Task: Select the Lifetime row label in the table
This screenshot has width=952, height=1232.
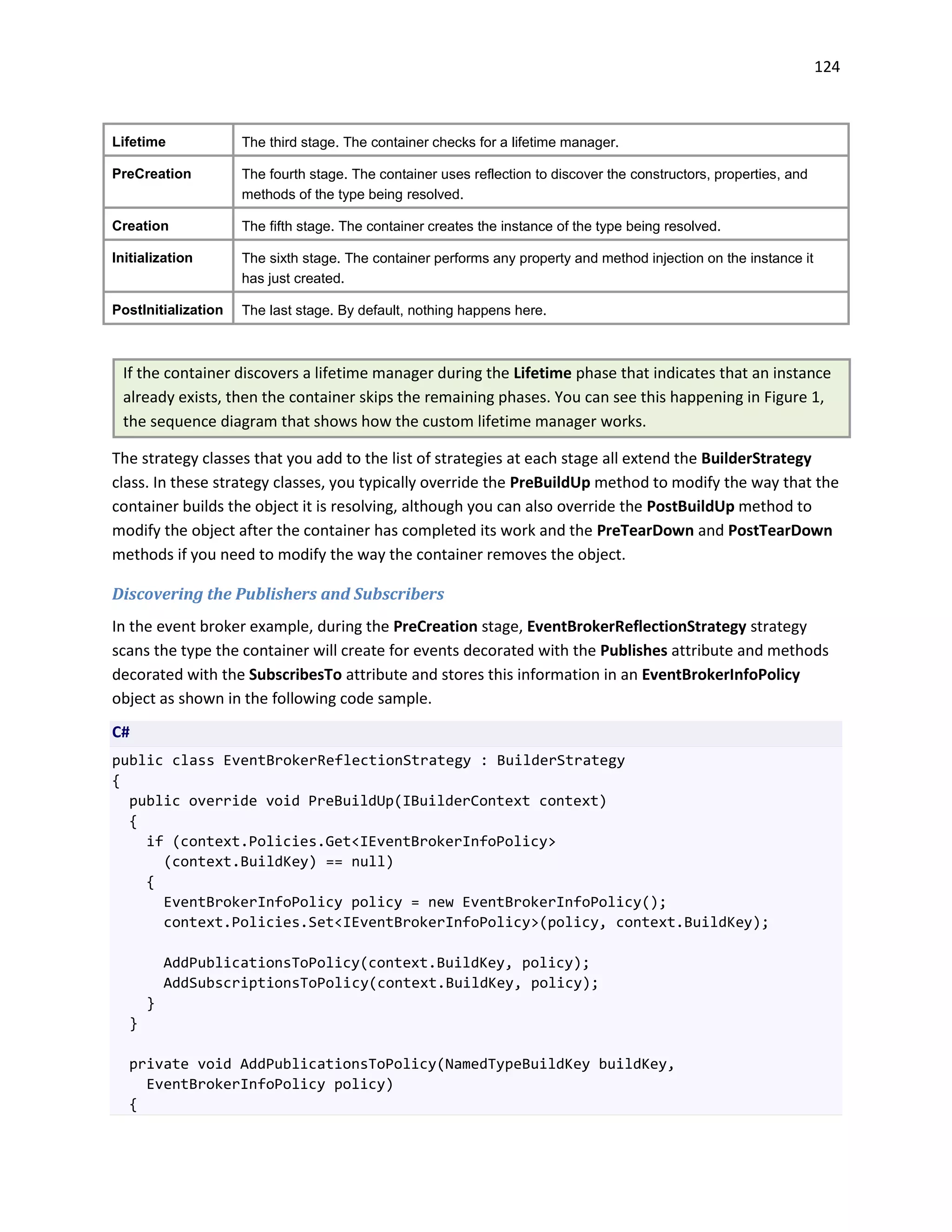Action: coord(139,142)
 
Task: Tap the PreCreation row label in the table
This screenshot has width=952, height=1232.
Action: coord(151,174)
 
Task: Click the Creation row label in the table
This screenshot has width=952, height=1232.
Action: coord(140,225)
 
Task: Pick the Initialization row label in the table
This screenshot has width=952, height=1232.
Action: coord(152,258)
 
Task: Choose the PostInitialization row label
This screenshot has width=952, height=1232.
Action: coord(167,310)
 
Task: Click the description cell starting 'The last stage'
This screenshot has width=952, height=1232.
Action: coord(394,310)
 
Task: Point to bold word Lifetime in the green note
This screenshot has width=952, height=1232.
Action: coord(542,373)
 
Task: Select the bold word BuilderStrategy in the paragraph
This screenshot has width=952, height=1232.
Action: coord(756,458)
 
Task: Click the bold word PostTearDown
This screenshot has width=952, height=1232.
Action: coord(780,531)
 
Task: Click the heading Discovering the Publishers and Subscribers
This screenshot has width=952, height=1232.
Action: coord(278,594)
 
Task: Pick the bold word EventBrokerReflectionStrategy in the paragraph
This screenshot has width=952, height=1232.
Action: coord(636,627)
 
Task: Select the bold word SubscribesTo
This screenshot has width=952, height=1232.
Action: coord(295,675)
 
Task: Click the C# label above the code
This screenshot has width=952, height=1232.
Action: coord(121,732)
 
